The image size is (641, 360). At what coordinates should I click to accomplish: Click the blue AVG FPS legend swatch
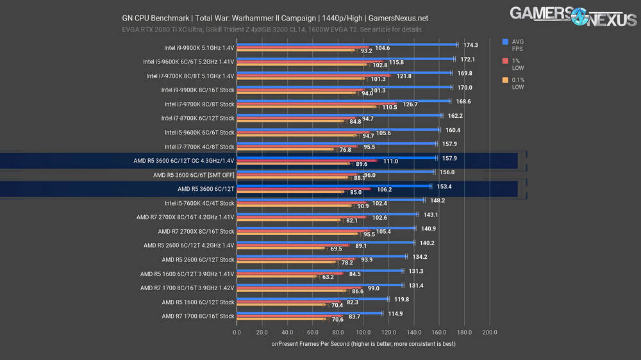click(x=506, y=42)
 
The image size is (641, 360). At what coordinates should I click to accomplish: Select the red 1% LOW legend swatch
click(x=506, y=60)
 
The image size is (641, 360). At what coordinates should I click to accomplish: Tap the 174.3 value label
click(x=471, y=45)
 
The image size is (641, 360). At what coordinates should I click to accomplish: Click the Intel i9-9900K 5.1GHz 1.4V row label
click(x=199, y=48)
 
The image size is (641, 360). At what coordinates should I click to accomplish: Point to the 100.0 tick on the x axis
click(x=363, y=332)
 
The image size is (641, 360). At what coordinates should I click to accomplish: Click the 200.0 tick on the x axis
click(x=490, y=332)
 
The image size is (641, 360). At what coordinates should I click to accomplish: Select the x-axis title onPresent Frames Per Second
click(x=363, y=345)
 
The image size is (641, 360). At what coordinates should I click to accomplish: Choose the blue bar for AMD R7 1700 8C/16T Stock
click(x=310, y=313)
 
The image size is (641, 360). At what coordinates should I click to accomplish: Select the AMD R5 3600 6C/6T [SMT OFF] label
click(x=194, y=175)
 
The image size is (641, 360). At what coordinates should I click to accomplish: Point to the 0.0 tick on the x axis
click(x=237, y=332)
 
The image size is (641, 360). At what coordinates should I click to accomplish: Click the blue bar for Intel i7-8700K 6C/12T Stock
click(x=340, y=116)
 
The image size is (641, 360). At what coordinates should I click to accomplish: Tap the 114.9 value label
click(x=396, y=313)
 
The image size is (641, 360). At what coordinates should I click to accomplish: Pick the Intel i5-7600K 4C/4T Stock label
click(x=199, y=203)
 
